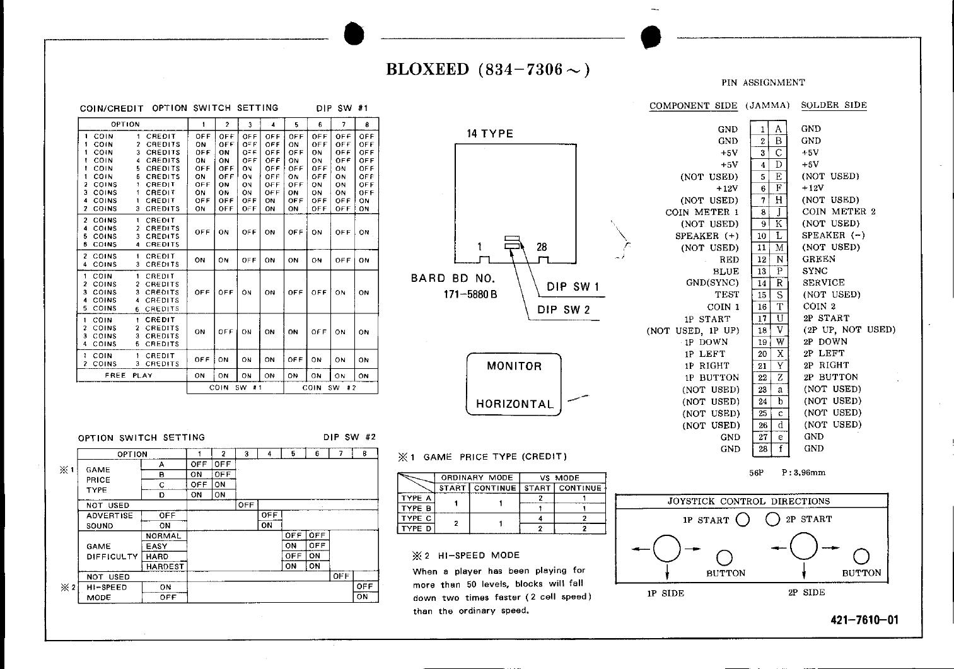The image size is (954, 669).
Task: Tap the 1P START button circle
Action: click(x=743, y=520)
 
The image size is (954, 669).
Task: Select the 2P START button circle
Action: click(x=772, y=520)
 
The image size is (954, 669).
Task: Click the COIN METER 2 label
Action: click(x=839, y=212)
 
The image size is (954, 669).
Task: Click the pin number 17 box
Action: click(x=762, y=318)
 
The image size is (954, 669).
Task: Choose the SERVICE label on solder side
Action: click(x=823, y=282)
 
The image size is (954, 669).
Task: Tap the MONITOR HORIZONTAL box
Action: click(x=513, y=385)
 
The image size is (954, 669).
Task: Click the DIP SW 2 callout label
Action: click(x=564, y=310)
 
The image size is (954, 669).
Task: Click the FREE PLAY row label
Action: click(x=129, y=375)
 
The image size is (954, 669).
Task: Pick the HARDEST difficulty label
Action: click(x=164, y=566)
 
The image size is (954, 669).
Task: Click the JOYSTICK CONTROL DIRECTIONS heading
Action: click(x=749, y=501)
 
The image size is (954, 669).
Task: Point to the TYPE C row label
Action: click(x=416, y=518)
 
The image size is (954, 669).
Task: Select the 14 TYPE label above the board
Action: click(x=490, y=134)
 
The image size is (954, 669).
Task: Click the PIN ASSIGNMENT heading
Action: click(x=763, y=83)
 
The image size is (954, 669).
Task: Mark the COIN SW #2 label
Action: click(x=330, y=388)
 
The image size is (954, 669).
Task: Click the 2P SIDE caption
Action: click(x=806, y=593)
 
